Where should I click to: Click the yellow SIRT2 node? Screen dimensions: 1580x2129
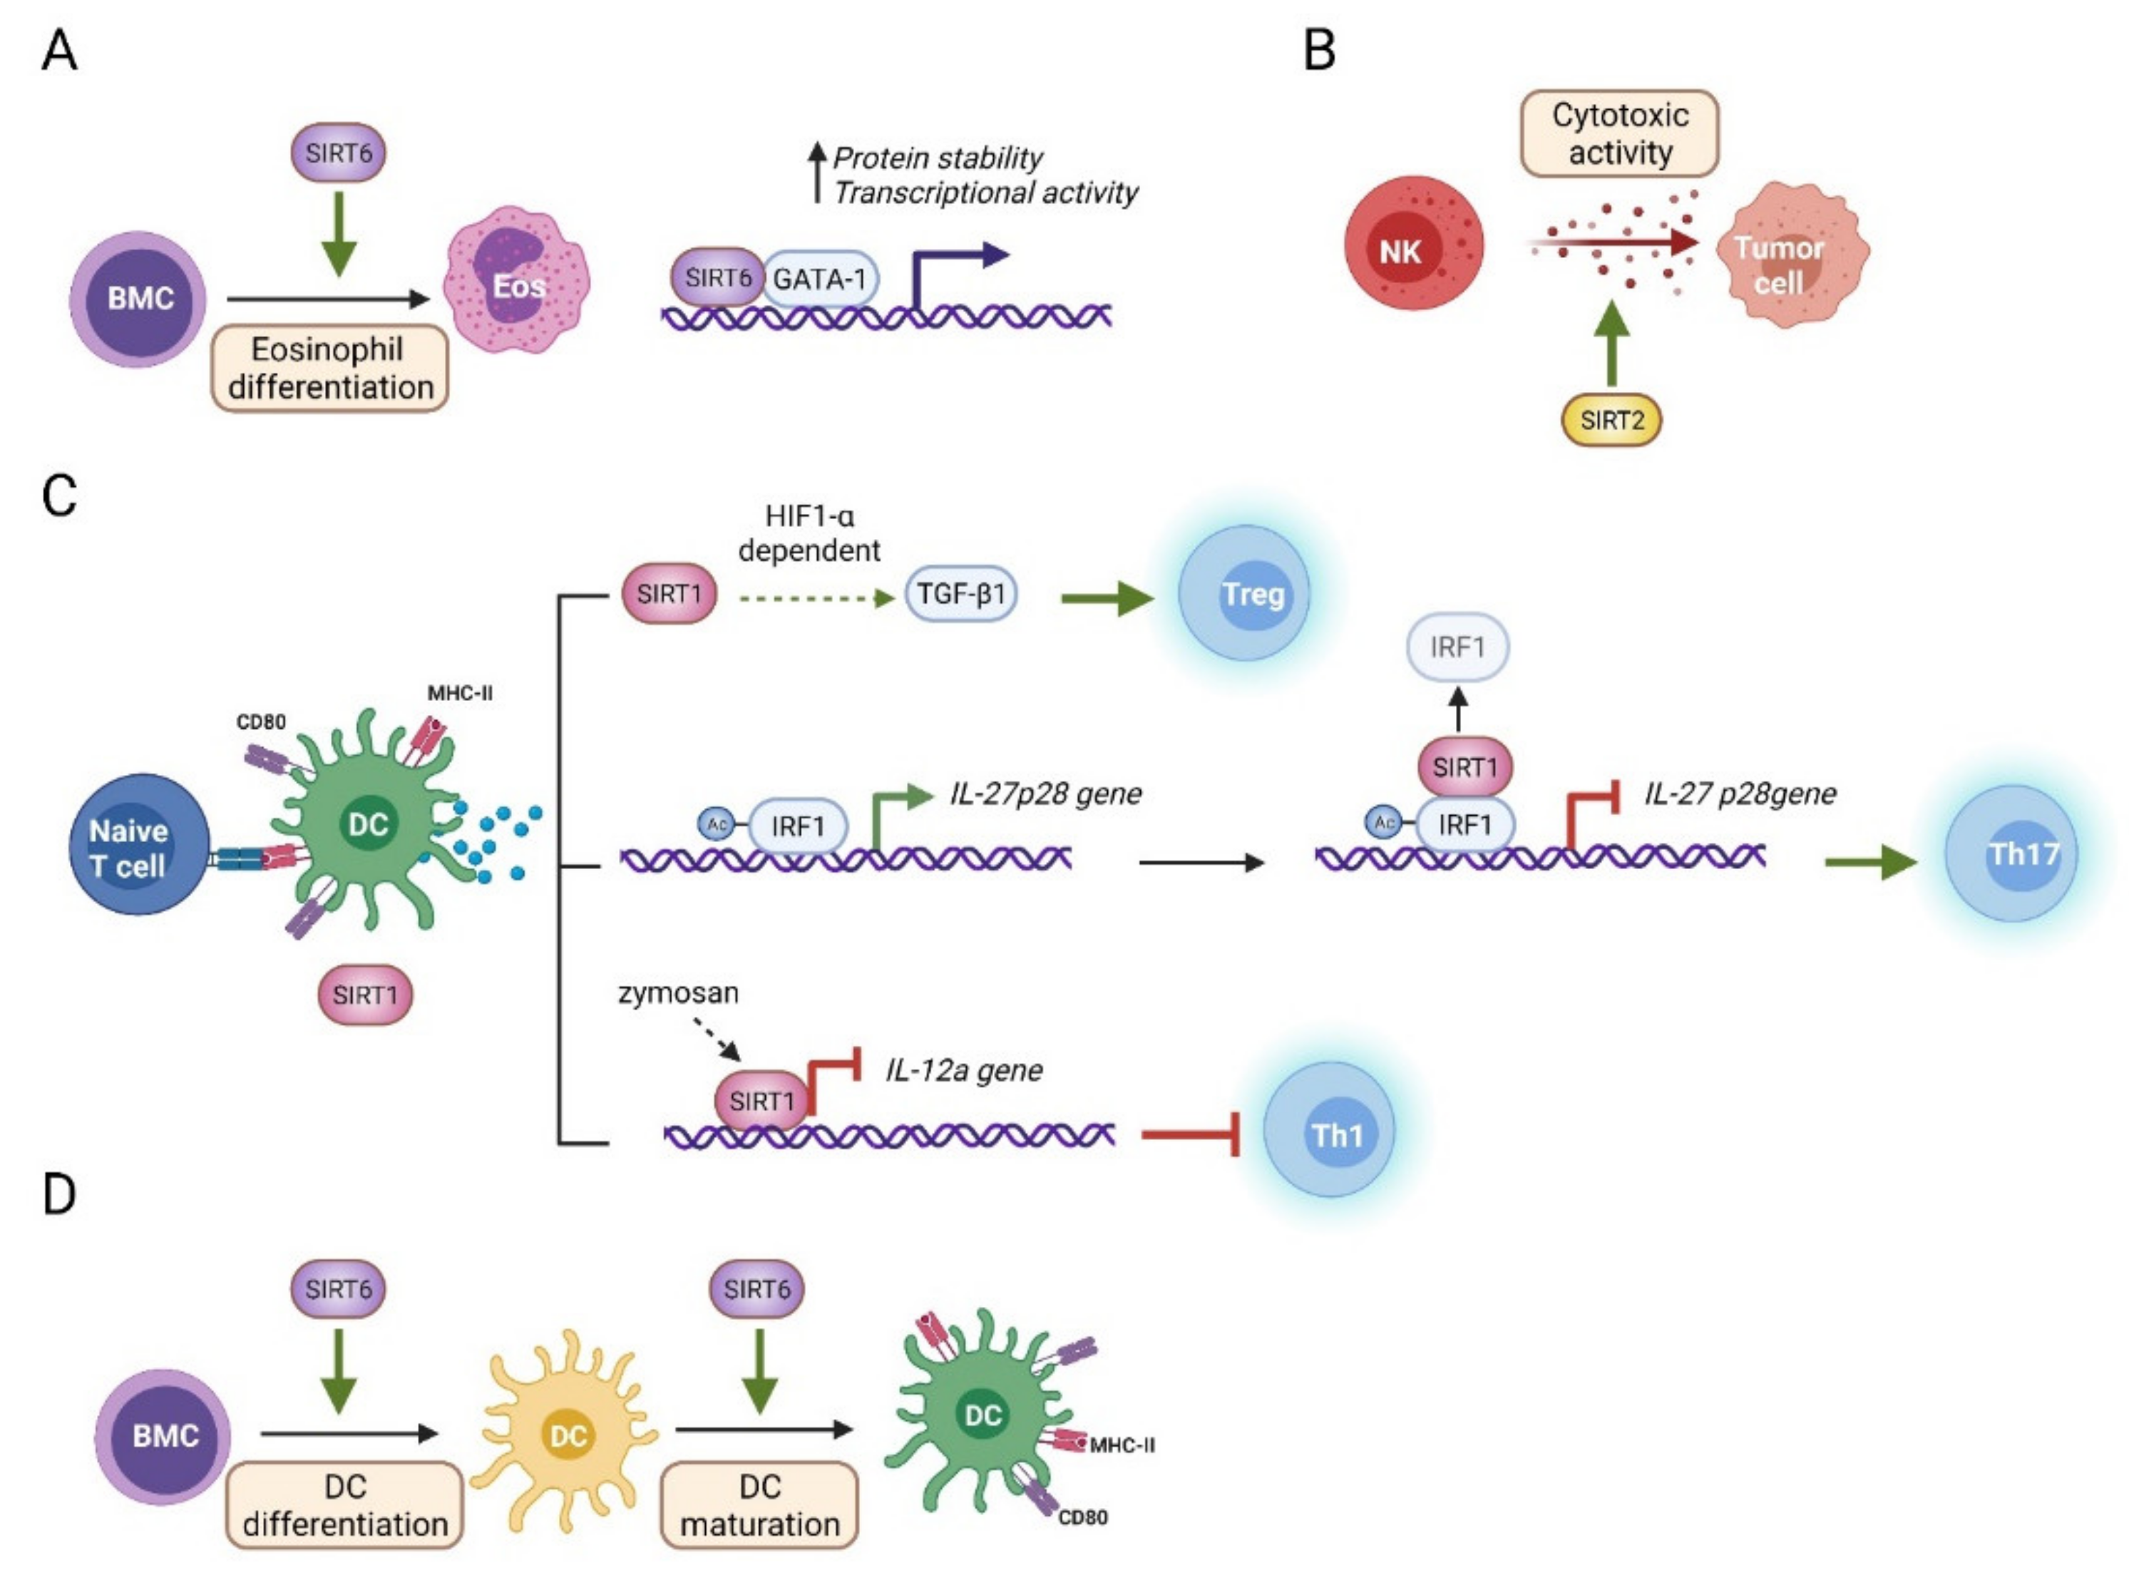tap(1611, 420)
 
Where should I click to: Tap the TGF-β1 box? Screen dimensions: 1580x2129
tap(960, 594)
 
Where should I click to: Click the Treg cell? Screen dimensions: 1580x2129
tap(1243, 593)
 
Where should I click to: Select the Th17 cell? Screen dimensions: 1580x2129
tap(2011, 853)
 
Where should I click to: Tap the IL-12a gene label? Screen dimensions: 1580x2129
tap(963, 1069)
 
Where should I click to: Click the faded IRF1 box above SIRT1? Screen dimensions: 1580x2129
tap(1457, 647)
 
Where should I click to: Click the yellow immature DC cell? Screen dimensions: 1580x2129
tap(567, 1434)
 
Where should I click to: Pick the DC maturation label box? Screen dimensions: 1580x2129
tap(759, 1504)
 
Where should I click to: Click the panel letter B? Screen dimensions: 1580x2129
tap(1319, 50)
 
